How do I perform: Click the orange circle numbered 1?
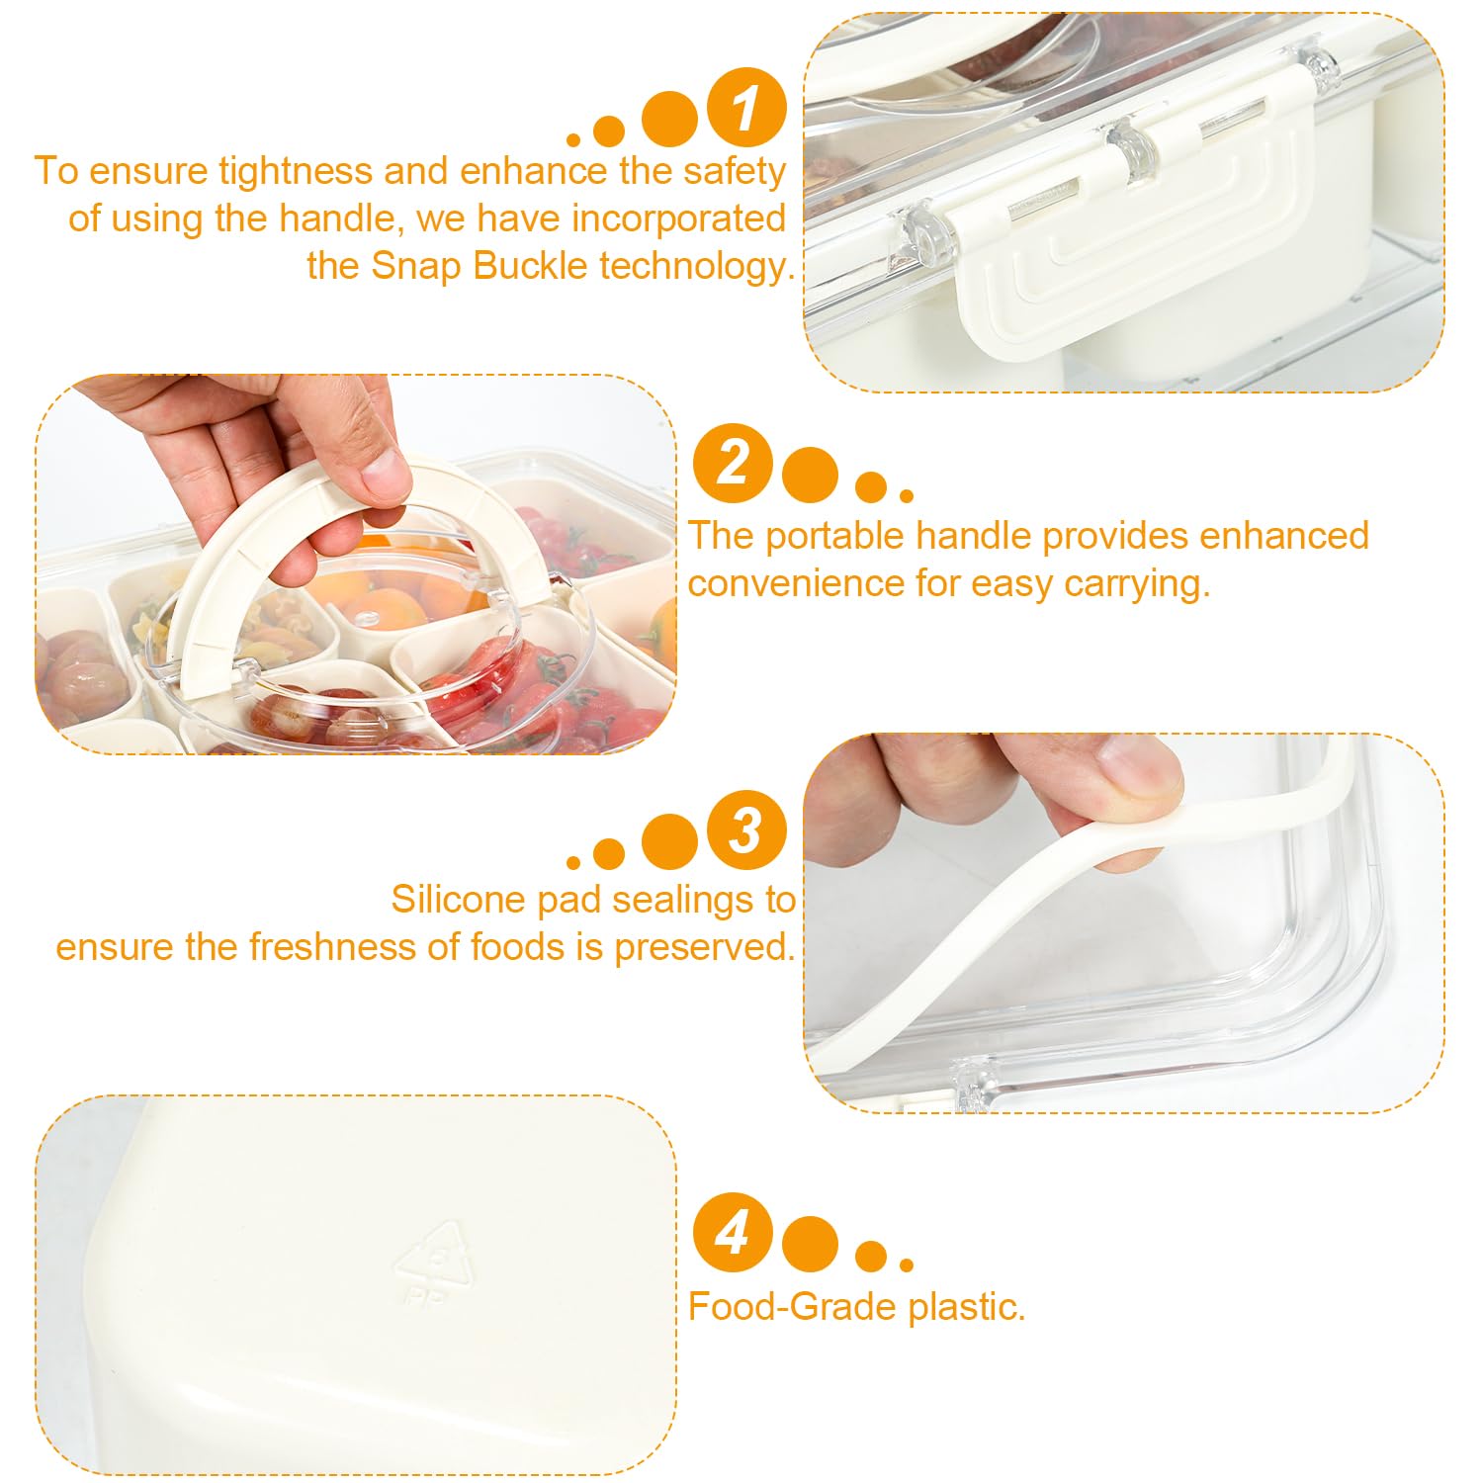(x=746, y=108)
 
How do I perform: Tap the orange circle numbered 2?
(x=733, y=463)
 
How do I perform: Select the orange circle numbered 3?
(x=746, y=829)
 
